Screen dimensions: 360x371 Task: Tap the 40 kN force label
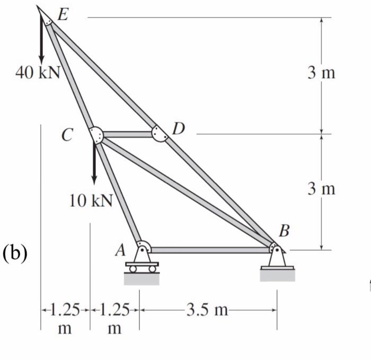(38, 73)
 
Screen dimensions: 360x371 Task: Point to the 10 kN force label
(91, 201)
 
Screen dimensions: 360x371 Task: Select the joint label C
(66, 135)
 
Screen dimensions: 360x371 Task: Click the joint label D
(179, 128)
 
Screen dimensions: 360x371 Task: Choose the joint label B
(285, 231)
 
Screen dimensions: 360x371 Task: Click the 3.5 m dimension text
(207, 309)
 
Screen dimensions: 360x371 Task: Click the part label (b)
(15, 252)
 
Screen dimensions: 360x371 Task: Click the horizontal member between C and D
(127, 134)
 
